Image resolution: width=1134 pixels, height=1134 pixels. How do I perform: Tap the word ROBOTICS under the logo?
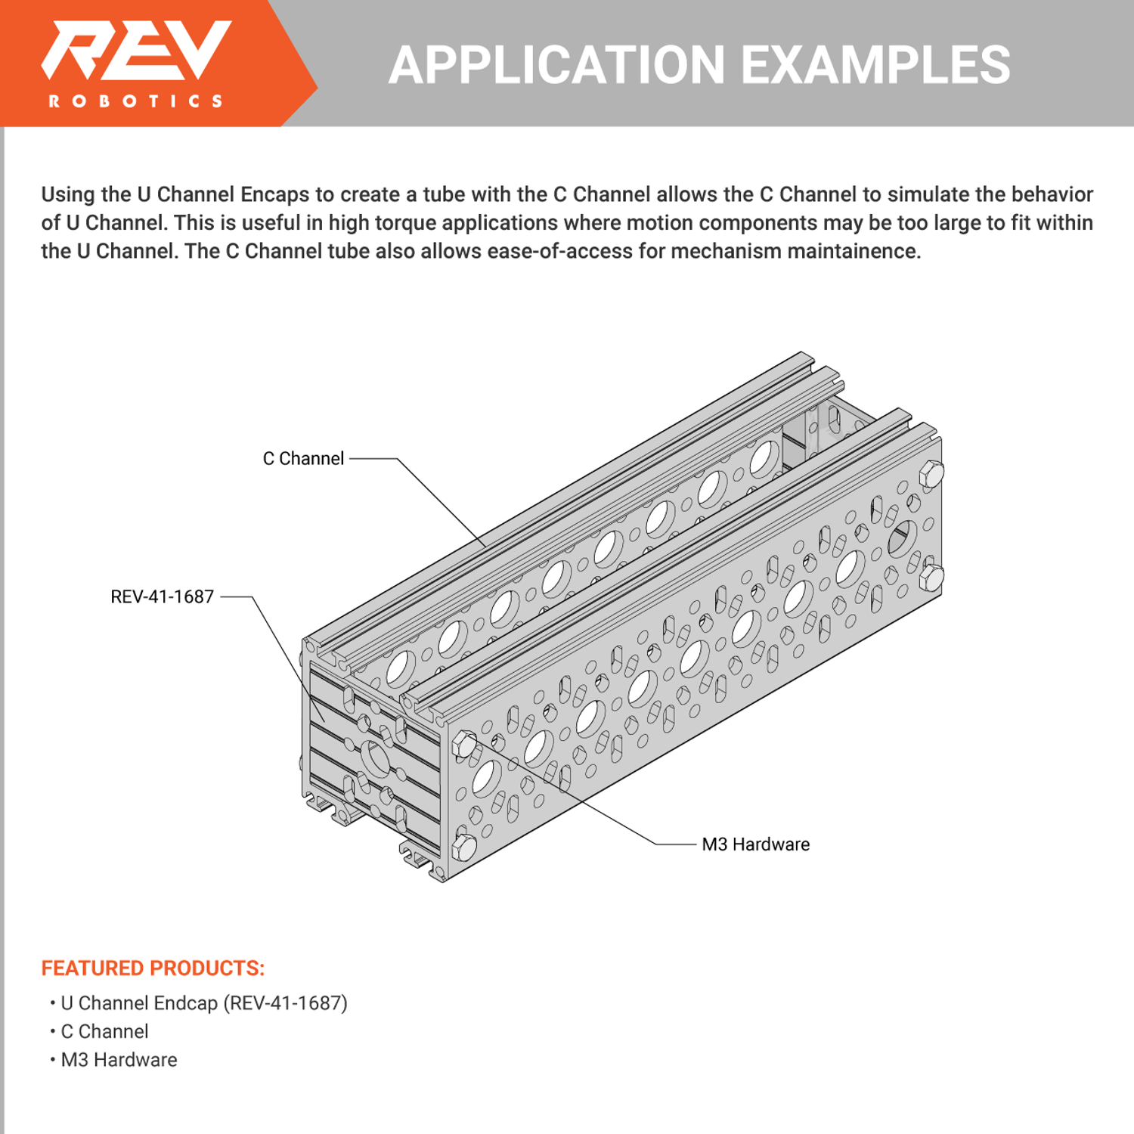(x=136, y=101)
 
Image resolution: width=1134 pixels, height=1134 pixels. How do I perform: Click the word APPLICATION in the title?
(x=556, y=65)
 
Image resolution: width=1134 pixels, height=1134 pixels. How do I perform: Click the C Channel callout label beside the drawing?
(x=303, y=459)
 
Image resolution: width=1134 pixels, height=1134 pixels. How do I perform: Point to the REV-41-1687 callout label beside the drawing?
(x=162, y=597)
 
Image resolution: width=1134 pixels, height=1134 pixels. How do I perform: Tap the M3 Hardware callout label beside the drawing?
(x=755, y=844)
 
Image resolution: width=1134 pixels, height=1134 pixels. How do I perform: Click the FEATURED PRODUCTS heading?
(x=153, y=968)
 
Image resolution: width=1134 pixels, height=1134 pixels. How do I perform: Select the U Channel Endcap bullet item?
(x=203, y=1003)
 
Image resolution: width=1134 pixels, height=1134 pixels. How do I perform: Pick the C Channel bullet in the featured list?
(x=104, y=1032)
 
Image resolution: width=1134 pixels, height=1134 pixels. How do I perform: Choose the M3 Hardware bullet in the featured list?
(x=119, y=1060)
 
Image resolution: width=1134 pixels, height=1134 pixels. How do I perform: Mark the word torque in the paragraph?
(x=407, y=223)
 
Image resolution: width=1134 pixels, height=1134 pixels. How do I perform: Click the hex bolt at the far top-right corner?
(x=931, y=474)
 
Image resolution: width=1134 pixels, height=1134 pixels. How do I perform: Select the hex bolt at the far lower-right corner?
(x=931, y=578)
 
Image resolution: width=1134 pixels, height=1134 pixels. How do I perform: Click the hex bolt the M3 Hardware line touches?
(x=464, y=745)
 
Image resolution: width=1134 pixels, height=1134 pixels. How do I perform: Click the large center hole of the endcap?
(x=375, y=758)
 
